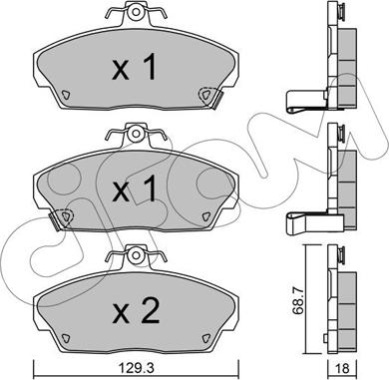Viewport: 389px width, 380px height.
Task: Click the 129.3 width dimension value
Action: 136,367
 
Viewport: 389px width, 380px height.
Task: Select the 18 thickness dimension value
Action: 343,367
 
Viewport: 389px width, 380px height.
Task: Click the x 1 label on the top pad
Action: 135,68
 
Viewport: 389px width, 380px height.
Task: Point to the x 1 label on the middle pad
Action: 135,189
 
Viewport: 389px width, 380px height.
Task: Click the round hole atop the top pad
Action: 136,12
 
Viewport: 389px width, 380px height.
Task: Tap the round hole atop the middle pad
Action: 136,134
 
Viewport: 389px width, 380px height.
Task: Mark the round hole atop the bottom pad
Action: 136,255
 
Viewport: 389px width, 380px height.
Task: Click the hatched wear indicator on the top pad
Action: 217,100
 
